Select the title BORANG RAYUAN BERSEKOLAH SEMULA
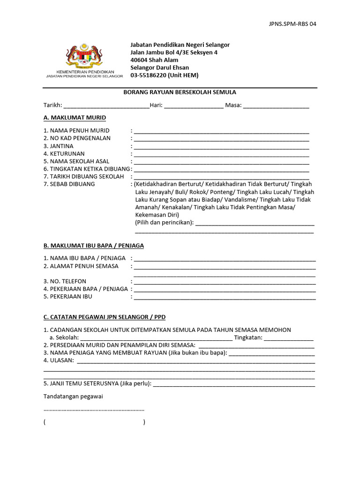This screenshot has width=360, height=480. tap(180, 92)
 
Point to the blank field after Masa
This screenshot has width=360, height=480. tap(276, 105)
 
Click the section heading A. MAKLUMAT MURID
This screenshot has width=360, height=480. tap(75, 118)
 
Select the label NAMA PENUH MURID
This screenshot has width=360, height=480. tap(76, 130)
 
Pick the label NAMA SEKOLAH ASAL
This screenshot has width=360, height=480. tap(76, 161)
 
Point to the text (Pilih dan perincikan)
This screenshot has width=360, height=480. tap(164, 222)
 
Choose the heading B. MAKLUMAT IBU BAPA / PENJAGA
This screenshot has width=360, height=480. tap(94, 246)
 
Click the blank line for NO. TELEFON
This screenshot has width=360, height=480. tap(225, 282)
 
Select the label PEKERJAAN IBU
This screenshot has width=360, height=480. tap(68, 296)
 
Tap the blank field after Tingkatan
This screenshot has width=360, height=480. tap(289, 338)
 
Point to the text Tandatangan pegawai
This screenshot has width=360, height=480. tap(73, 397)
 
